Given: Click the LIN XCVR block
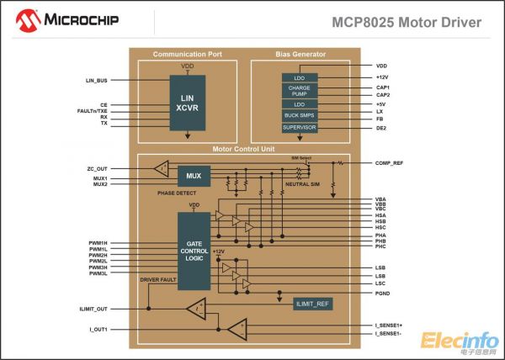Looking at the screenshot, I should (188, 102).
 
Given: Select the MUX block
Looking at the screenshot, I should (194, 176).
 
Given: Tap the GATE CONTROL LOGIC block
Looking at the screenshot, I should (194, 250).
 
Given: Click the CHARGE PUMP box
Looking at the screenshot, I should (300, 91).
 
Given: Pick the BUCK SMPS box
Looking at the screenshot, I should (300, 115).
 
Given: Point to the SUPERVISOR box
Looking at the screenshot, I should (300, 127).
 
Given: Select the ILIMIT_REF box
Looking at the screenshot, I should (312, 303).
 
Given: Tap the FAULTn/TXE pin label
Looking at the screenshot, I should (91, 111).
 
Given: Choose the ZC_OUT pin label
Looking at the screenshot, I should (96, 168).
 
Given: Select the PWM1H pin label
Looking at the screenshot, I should (98, 242).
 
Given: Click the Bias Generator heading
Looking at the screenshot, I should (300, 55).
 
